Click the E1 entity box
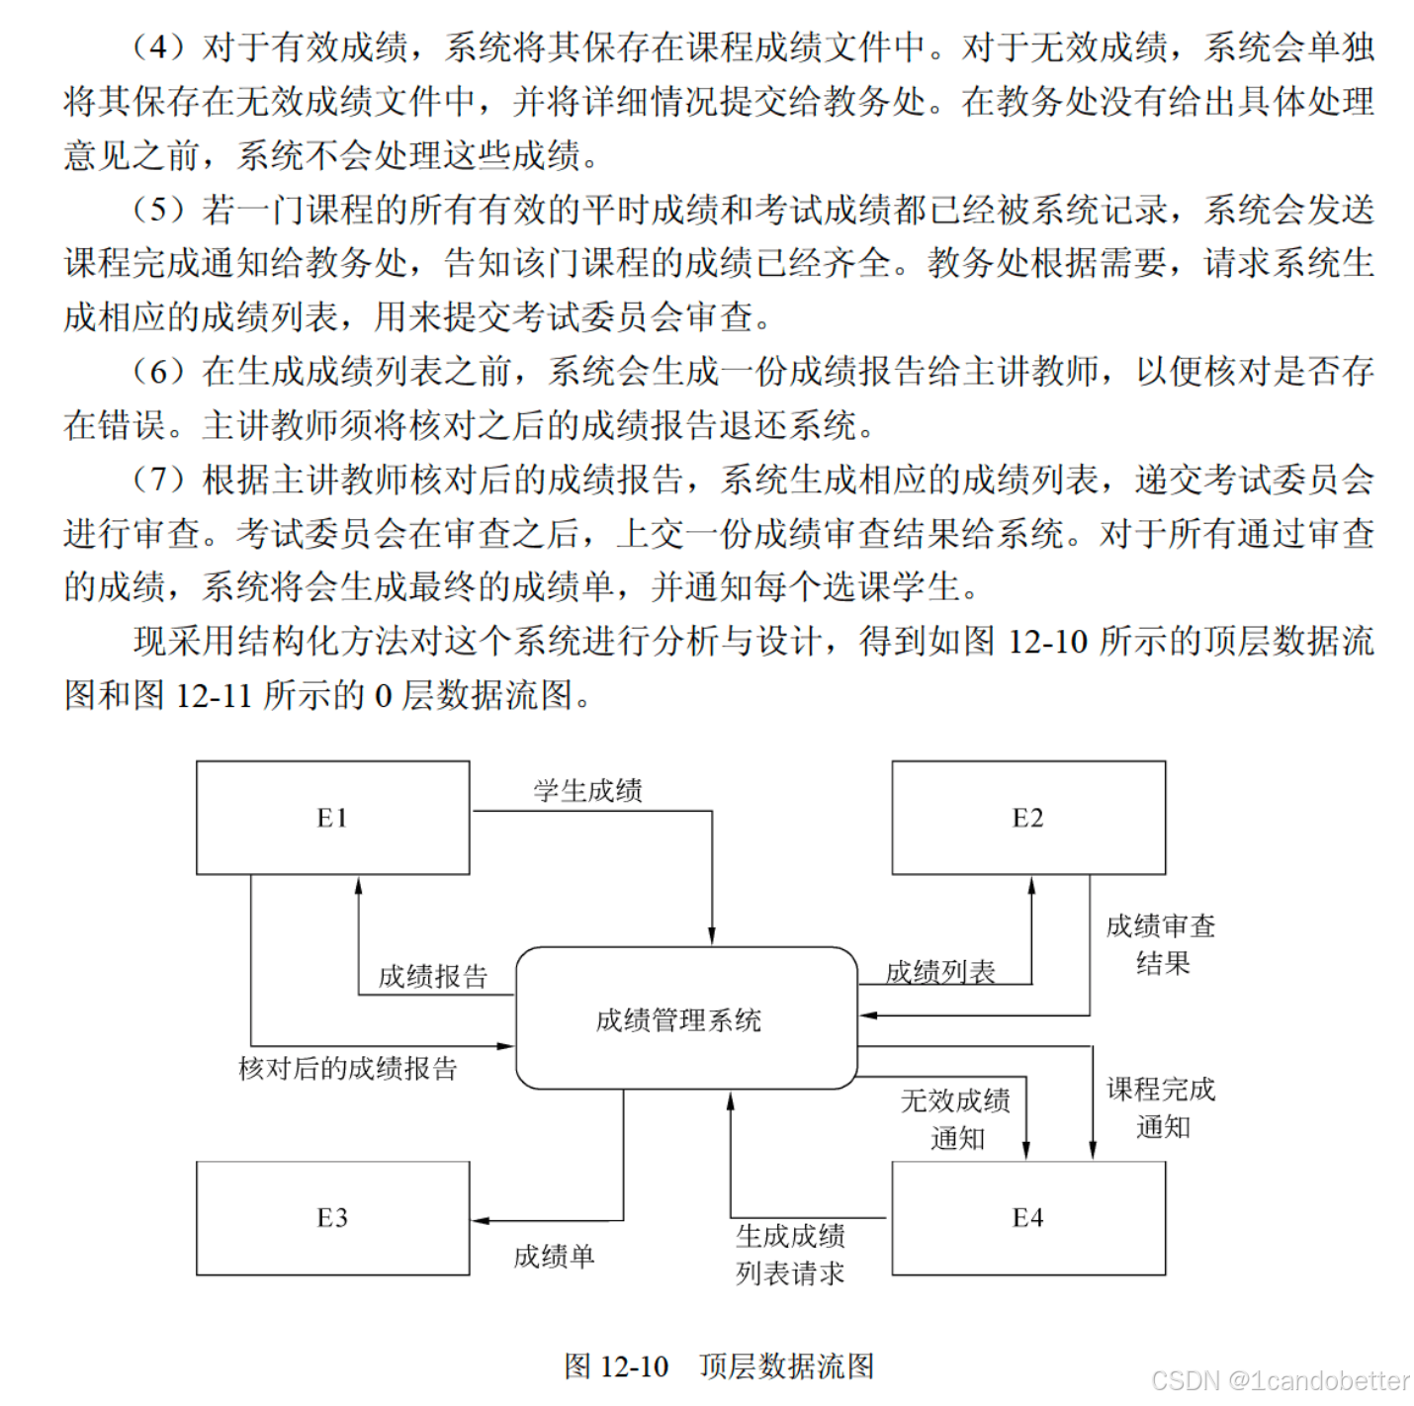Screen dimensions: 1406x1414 tap(332, 818)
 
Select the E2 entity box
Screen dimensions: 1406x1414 tap(1028, 818)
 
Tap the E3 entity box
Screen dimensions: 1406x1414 tap(332, 1218)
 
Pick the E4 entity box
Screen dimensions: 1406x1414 tap(1028, 1218)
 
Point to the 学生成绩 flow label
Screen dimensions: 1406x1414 tap(588, 791)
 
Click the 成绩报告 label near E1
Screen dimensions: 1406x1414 tap(433, 977)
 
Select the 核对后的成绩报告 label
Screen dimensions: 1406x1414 tap(348, 1069)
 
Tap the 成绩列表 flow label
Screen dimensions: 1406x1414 tap(939, 972)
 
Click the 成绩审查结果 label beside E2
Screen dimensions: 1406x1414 tap(1161, 944)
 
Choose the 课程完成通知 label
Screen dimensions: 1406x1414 tap(1161, 1107)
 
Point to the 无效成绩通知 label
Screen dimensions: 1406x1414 tap(955, 1119)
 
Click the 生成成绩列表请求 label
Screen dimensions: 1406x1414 tap(790, 1255)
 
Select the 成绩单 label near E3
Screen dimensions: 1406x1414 tap(554, 1257)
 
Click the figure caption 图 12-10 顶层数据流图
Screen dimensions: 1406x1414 tap(719, 1366)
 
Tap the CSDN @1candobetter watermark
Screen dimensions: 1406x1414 tap(1280, 1380)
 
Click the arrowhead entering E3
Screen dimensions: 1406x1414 tap(480, 1220)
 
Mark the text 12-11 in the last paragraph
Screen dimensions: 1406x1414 tap(214, 695)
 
